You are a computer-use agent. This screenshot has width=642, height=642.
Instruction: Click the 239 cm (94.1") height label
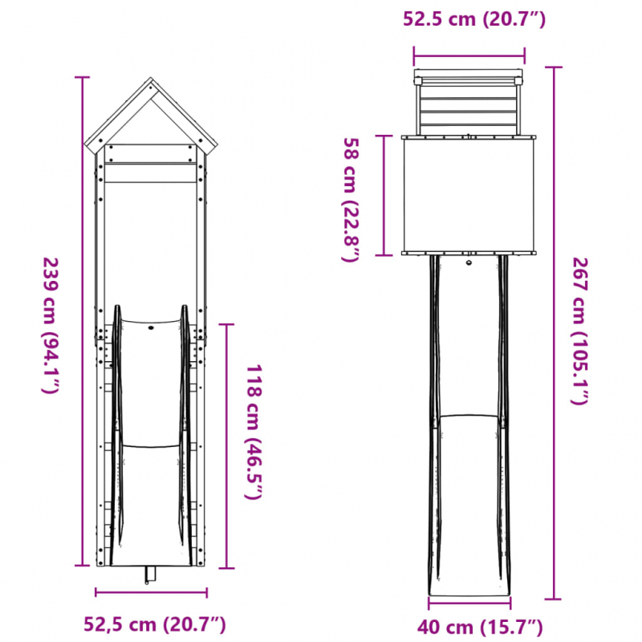click(50, 325)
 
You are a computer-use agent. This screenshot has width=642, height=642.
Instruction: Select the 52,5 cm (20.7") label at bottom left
click(155, 624)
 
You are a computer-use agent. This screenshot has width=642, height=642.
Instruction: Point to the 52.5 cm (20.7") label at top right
click(474, 20)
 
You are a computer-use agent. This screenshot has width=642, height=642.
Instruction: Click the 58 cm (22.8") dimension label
click(352, 200)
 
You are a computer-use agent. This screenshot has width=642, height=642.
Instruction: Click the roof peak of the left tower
click(150, 80)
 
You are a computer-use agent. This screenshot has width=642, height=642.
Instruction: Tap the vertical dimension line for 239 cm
click(81, 321)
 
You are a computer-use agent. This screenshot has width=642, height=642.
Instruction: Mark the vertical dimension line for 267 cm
click(551, 333)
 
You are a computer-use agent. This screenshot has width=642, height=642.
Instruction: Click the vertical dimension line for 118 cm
click(229, 445)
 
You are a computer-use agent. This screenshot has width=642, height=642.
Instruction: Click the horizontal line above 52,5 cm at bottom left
click(151, 593)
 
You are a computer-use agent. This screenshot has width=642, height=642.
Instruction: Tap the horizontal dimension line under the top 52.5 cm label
click(469, 55)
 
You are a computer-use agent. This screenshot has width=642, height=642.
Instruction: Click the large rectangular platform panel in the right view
click(469, 195)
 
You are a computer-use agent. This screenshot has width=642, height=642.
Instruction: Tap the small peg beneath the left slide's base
click(148, 575)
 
